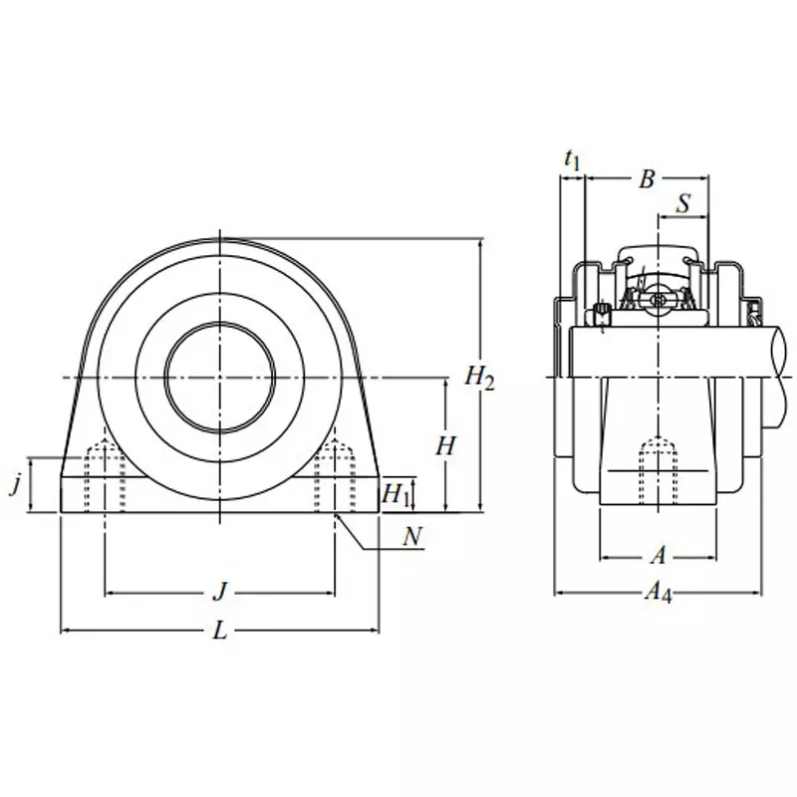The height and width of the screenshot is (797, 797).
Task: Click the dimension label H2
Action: pos(479,377)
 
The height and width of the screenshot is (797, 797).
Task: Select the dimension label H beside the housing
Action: pos(445,446)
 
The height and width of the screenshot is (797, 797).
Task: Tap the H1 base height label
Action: pos(397,491)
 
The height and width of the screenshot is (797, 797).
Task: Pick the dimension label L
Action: pos(220,632)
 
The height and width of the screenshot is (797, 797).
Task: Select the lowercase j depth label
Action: pos(14,486)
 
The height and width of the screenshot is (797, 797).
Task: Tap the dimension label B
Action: pos(646,179)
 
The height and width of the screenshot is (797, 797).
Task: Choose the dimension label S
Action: pos(683,203)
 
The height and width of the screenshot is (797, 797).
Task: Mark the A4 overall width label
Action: pos(658,594)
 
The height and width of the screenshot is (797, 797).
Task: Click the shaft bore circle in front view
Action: pos(219,377)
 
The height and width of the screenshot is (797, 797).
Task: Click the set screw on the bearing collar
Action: pos(602,317)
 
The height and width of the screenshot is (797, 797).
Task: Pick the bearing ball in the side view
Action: pos(658,299)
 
